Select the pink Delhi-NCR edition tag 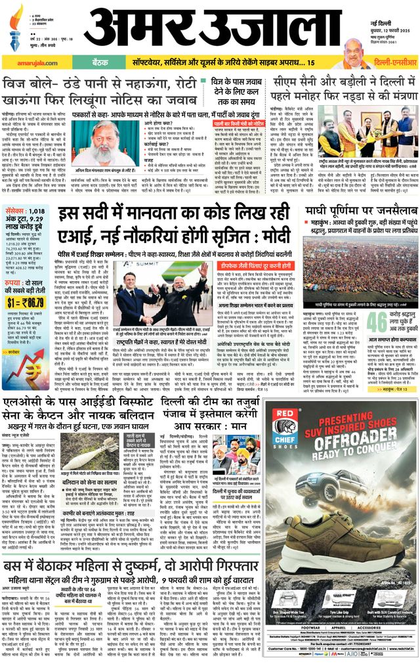pos(387,62)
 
